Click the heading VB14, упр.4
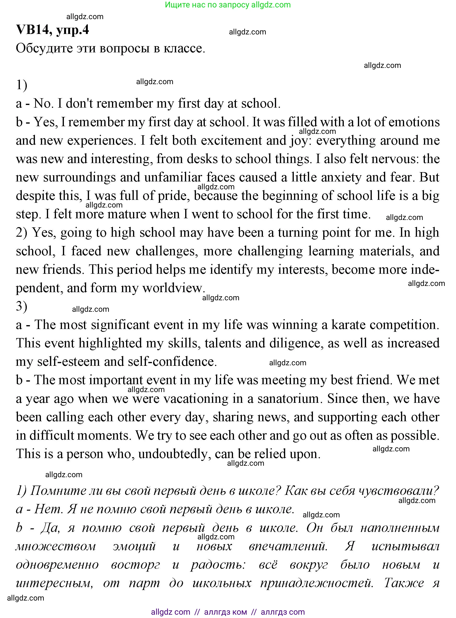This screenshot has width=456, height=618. [52, 30]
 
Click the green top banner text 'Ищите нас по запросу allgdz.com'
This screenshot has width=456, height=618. [228, 5]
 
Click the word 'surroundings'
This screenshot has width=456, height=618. [79, 177]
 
